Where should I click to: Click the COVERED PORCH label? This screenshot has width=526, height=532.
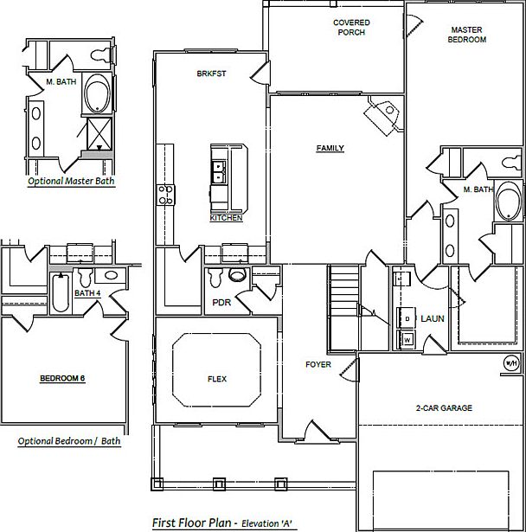pyautogui.click(x=350, y=28)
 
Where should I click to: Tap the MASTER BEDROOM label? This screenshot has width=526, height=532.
pyautogui.click(x=468, y=35)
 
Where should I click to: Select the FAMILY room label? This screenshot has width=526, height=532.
pyautogui.click(x=330, y=149)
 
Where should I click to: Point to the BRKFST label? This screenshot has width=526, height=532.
pyautogui.click(x=211, y=74)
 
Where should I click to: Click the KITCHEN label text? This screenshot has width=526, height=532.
pyautogui.click(x=226, y=219)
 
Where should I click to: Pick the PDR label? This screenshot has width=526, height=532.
pyautogui.click(x=220, y=303)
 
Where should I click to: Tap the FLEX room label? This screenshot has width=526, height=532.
pyautogui.click(x=216, y=379)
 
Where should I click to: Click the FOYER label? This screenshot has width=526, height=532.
pyautogui.click(x=318, y=365)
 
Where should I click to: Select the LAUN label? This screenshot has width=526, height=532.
pyautogui.click(x=433, y=319)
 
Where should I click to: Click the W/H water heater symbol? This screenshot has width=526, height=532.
pyautogui.click(x=510, y=362)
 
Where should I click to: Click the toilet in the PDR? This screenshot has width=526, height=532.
pyautogui.click(x=235, y=278)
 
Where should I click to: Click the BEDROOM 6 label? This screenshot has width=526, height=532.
pyautogui.click(x=62, y=379)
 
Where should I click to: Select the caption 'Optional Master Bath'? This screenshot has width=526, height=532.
pyautogui.click(x=71, y=182)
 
